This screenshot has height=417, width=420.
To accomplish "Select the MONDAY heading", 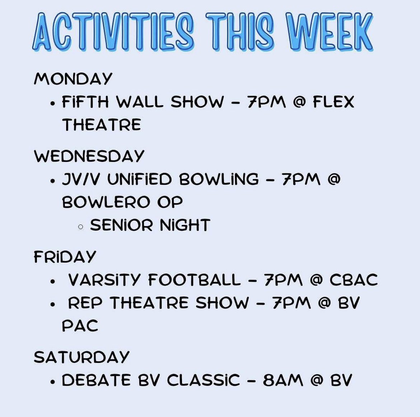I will [x=73, y=79].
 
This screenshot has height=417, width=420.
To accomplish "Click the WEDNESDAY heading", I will [x=89, y=156].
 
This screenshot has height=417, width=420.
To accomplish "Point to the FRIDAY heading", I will [x=65, y=257].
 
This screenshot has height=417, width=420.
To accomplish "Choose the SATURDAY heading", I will [x=81, y=357].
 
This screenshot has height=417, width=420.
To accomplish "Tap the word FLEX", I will [x=333, y=102].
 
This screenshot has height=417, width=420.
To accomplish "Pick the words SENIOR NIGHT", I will [x=150, y=225].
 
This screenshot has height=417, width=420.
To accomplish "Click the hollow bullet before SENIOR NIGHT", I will [x=81, y=226].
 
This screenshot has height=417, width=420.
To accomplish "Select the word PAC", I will [x=80, y=326].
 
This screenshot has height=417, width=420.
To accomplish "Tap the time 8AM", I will [x=283, y=380].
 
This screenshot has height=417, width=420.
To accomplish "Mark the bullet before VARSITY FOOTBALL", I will [x=53, y=281].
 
